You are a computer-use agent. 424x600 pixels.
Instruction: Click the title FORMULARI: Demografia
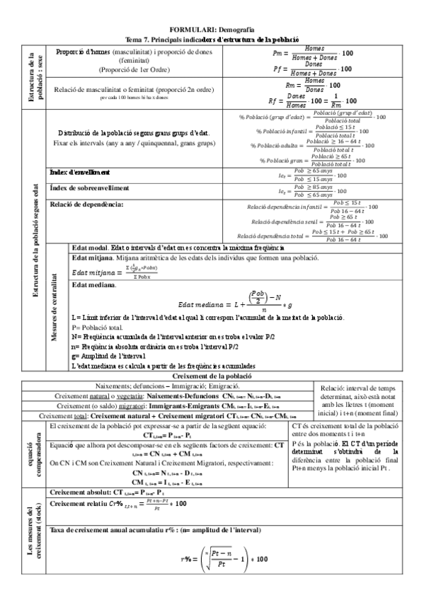point(212,28)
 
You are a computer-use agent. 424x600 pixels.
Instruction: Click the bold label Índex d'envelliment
point(79,172)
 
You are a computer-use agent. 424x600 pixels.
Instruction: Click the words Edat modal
point(90,248)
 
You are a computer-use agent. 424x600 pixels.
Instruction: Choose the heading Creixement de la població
point(212,376)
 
